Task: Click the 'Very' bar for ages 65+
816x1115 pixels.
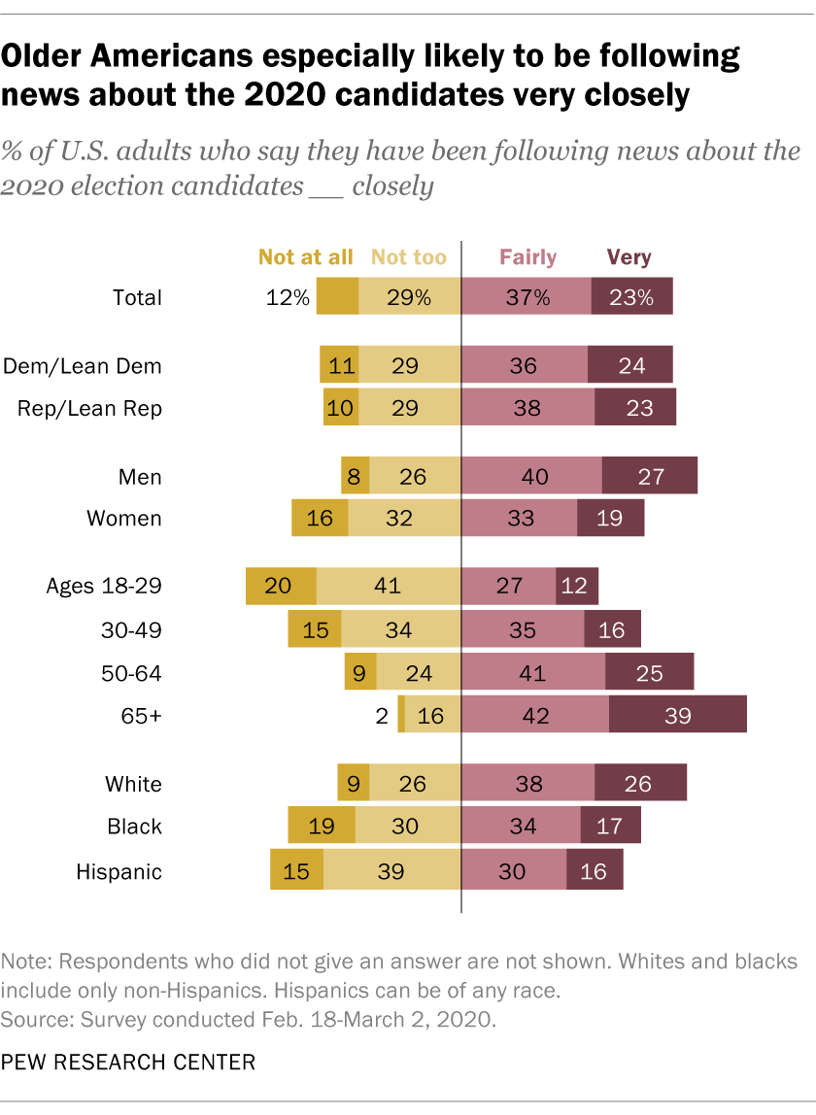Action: [677, 716]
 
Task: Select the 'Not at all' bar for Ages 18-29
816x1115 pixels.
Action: [282, 586]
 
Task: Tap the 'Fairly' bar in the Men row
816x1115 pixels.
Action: [531, 476]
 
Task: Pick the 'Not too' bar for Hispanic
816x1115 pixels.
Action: [391, 871]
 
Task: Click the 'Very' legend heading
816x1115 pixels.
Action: [629, 257]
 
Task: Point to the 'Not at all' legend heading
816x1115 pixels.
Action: [305, 257]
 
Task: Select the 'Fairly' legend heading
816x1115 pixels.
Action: [527, 257]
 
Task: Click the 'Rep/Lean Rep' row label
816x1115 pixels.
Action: [89, 409]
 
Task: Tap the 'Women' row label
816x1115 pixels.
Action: [124, 518]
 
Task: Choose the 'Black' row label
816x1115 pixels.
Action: [134, 827]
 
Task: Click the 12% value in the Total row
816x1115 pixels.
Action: [289, 298]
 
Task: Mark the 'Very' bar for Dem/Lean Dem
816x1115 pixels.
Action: [629, 366]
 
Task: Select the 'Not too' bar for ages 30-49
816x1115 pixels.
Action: [399, 629]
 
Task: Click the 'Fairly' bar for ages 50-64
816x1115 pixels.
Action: [533, 672]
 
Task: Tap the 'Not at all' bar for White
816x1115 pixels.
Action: [354, 783]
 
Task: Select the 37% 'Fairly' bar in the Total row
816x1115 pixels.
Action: [527, 298]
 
